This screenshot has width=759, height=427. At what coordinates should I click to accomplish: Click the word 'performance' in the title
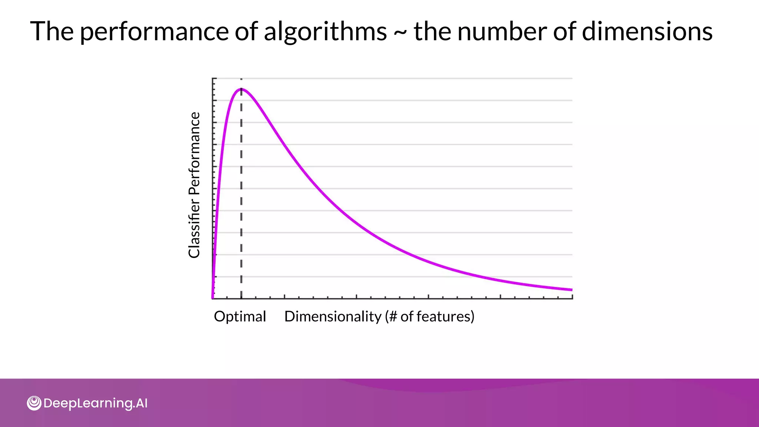coord(154,32)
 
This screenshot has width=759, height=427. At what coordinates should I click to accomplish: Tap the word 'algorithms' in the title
coord(325,31)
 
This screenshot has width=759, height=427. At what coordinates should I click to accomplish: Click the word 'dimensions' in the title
coord(647,31)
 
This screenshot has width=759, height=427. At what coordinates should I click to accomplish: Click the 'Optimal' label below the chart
coord(240,317)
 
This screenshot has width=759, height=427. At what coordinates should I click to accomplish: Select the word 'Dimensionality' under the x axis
coord(332,317)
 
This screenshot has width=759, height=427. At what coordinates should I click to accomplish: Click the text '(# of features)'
coord(430,317)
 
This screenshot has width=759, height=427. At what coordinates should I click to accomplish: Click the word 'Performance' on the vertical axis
coord(194,153)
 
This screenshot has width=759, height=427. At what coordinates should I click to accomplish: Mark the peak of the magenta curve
coord(241,89)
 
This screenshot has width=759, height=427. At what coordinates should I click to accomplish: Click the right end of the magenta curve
coord(571,289)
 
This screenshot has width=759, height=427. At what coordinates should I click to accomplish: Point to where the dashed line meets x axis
coord(241,298)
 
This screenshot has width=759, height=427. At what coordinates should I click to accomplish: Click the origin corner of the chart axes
coord(213,298)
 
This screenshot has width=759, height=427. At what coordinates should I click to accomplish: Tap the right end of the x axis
coord(572,298)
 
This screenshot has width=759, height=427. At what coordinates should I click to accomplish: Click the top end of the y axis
coord(213,79)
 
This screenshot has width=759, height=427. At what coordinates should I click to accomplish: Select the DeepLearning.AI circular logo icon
coord(34,403)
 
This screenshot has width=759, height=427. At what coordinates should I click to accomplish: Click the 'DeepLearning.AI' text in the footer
coord(95,403)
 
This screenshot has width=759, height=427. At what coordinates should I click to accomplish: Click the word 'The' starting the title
coord(52,31)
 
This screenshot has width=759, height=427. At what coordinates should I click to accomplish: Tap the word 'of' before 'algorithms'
coord(246,31)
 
